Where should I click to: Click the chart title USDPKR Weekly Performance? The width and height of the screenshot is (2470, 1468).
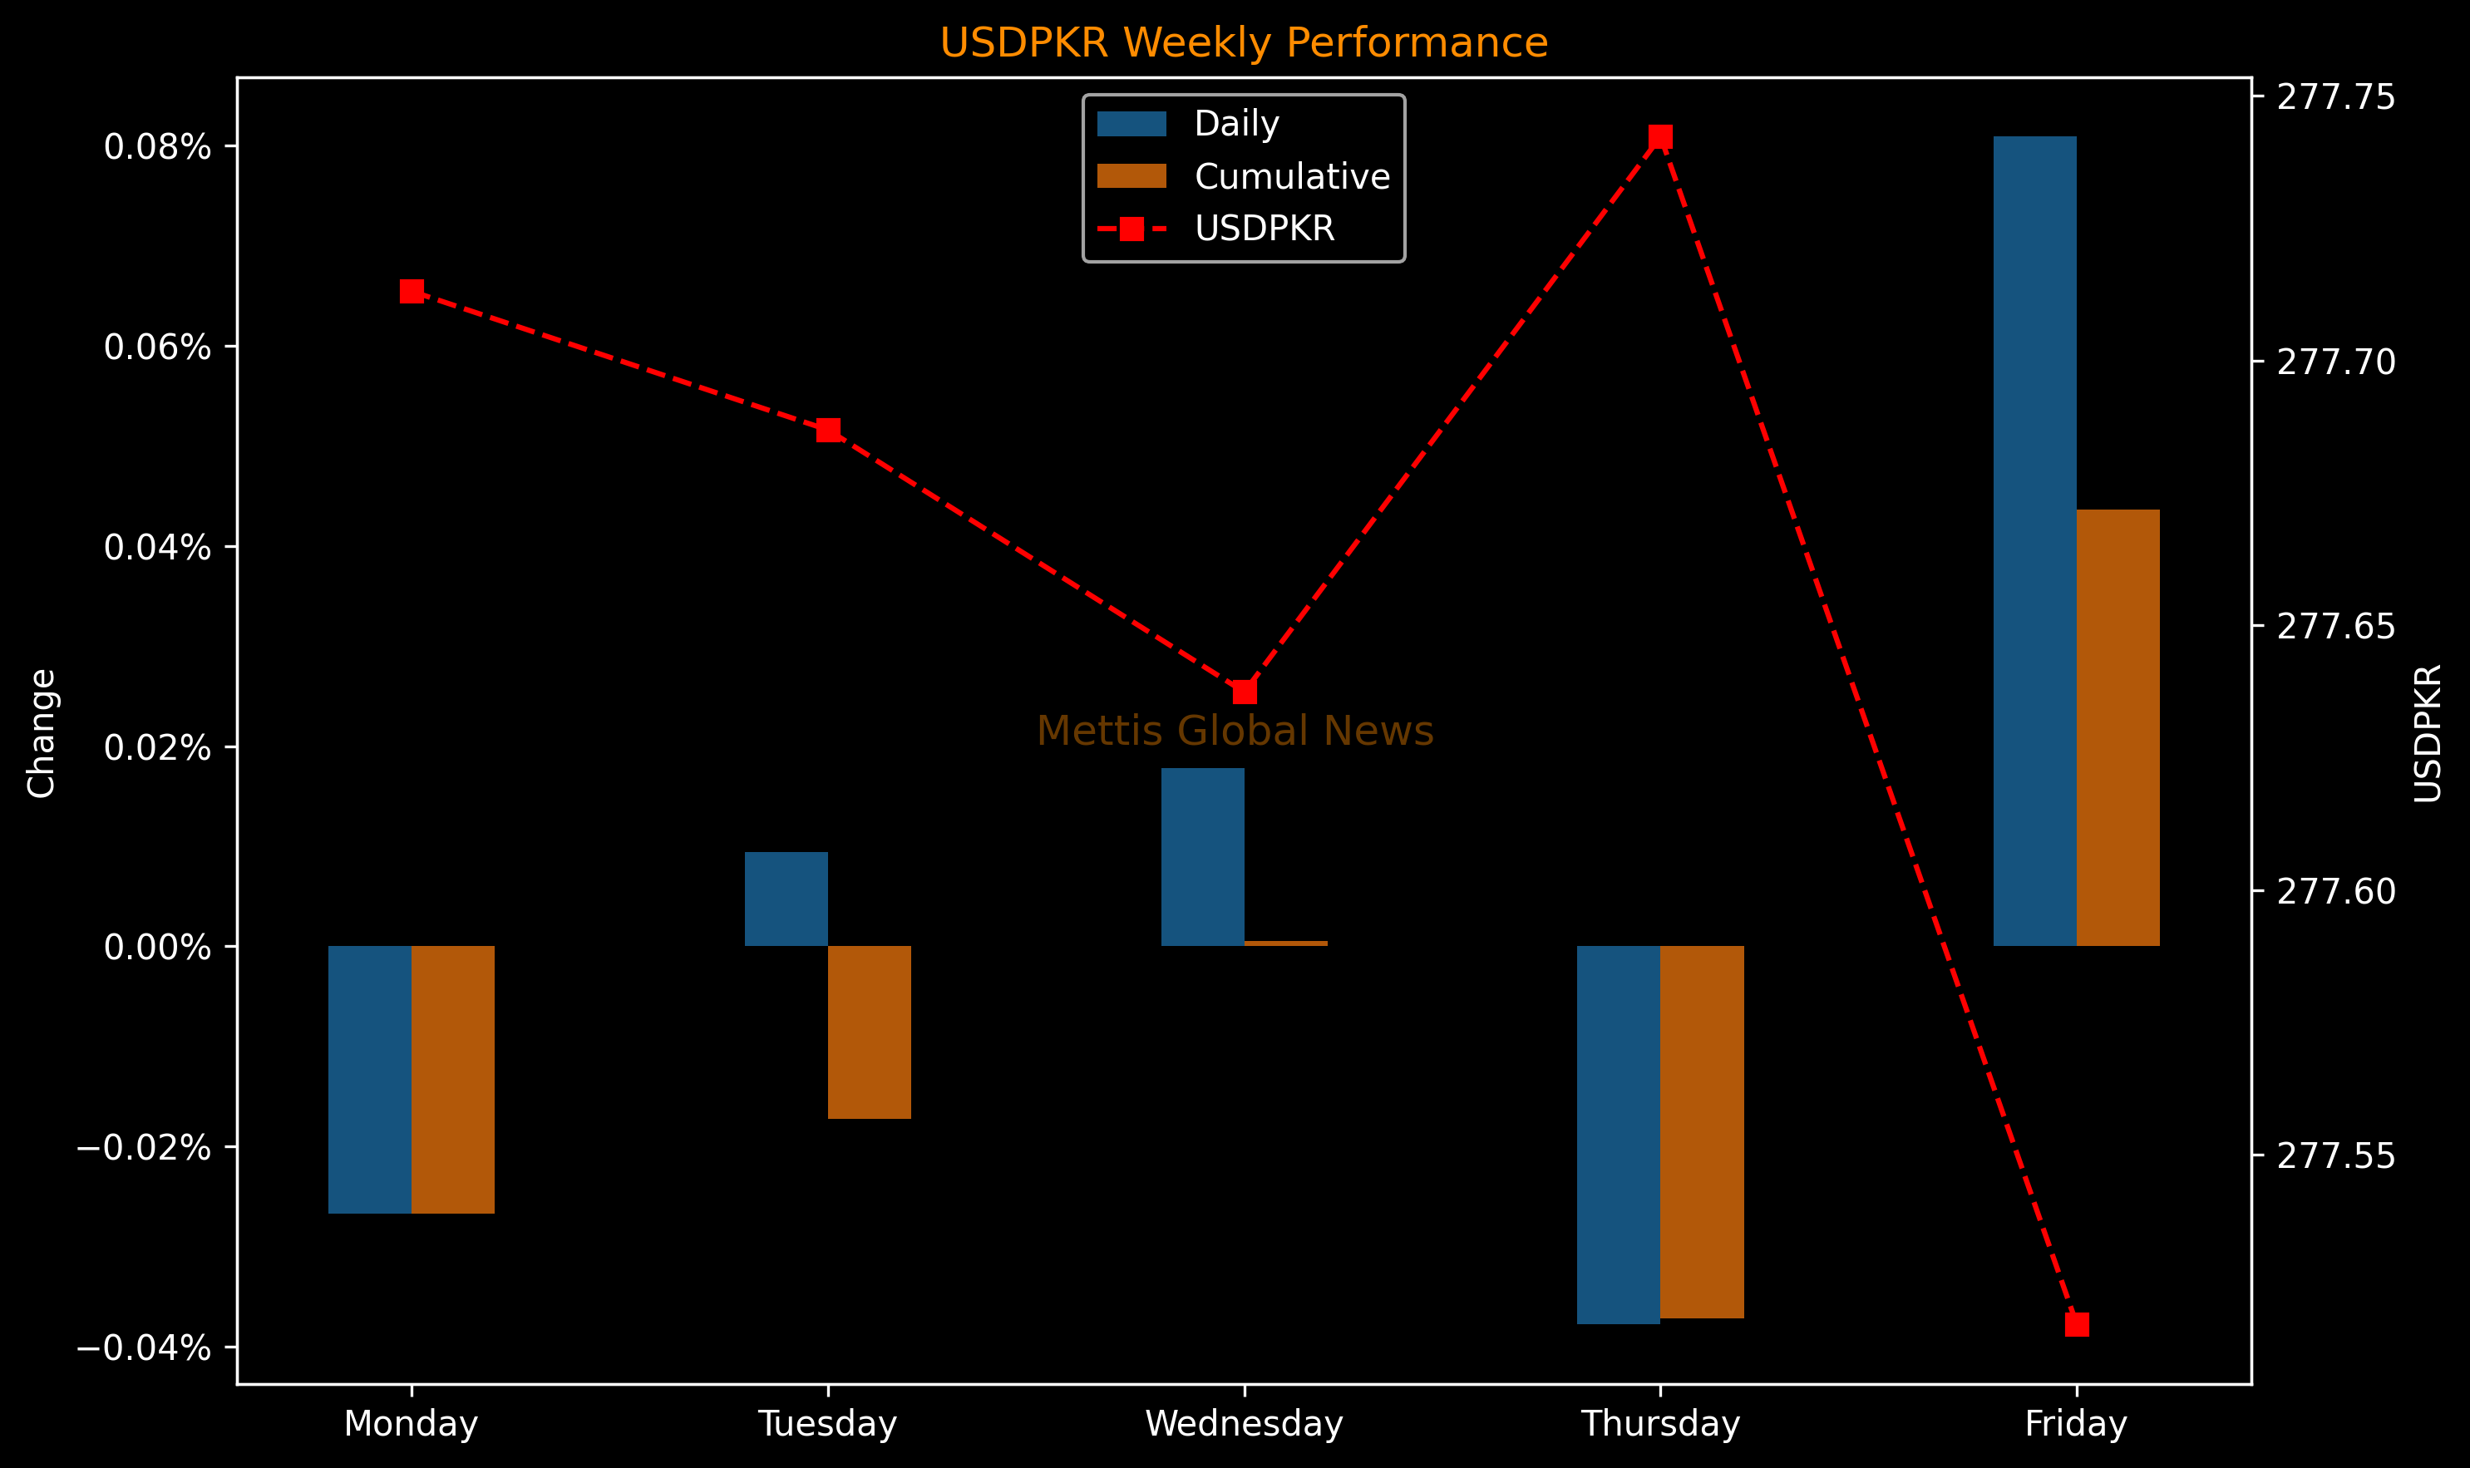[1244, 43]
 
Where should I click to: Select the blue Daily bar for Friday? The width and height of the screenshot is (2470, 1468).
[2034, 541]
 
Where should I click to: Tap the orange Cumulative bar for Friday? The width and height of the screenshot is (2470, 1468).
[2117, 728]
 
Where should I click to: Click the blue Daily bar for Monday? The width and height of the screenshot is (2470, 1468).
[370, 1079]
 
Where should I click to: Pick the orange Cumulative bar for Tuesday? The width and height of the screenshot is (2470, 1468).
[869, 1032]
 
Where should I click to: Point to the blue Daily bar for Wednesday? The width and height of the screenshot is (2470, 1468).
[1202, 857]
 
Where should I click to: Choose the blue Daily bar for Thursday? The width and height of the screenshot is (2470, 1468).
[1619, 1135]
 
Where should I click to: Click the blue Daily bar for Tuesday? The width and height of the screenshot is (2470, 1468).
[786, 899]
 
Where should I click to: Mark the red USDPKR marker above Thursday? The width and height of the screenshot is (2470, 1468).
[1661, 136]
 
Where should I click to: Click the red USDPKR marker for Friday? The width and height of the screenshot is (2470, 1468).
[2076, 1324]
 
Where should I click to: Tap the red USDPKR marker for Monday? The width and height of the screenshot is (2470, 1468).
[412, 291]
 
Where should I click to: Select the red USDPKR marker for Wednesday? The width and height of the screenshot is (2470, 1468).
[1245, 692]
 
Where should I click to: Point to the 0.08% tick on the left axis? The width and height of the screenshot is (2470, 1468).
[157, 147]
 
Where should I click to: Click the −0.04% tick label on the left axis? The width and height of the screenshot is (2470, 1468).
[144, 1347]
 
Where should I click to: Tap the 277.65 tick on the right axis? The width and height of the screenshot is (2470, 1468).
[2335, 626]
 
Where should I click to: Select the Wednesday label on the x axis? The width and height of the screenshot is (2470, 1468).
[1244, 1425]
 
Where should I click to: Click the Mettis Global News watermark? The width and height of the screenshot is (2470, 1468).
[1235, 731]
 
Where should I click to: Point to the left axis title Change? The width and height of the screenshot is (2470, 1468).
[42, 733]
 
